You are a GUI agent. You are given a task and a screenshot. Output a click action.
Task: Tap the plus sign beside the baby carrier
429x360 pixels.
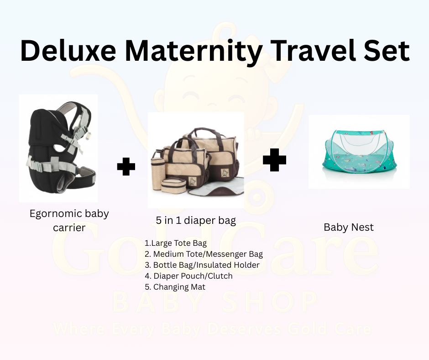pos(126,167)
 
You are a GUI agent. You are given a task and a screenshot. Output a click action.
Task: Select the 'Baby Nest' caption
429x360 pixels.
pos(349,227)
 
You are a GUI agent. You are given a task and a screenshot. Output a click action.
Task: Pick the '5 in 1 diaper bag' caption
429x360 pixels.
pos(196,221)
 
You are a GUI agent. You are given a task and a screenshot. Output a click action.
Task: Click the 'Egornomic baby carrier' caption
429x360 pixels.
pos(69,220)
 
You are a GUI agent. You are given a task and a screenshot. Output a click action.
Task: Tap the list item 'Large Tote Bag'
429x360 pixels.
pos(176,243)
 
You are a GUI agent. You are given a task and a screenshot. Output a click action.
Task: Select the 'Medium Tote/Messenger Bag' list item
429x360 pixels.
pos(204,254)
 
